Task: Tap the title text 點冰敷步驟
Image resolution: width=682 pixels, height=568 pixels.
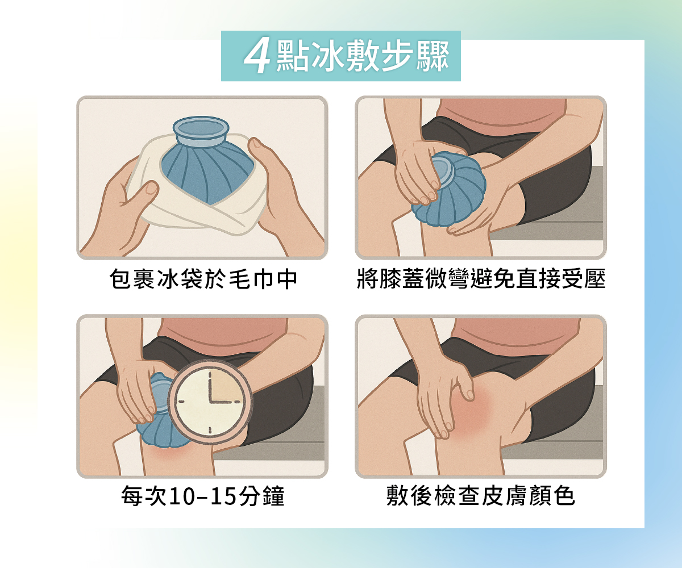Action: [x=363, y=57]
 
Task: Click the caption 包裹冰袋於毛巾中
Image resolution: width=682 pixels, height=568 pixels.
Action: [x=203, y=279]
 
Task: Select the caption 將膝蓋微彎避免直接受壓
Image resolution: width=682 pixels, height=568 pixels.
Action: [x=481, y=279]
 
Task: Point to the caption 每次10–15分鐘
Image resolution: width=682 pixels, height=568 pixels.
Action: [x=203, y=495]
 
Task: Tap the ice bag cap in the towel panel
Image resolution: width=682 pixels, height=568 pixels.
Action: [x=201, y=131]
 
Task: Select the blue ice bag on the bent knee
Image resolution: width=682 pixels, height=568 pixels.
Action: [x=449, y=190]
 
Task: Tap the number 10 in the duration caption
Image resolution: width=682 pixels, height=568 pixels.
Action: [x=180, y=496]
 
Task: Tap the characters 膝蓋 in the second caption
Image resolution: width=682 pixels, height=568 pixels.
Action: [x=402, y=279]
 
